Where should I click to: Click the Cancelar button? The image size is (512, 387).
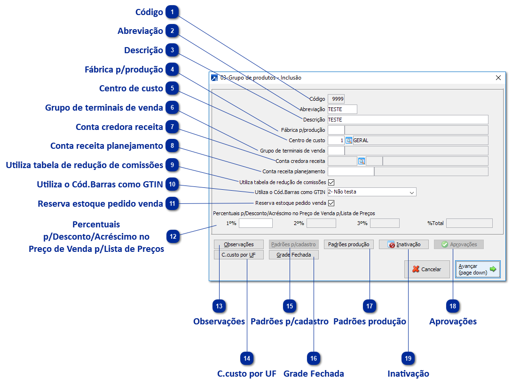coord(426,269)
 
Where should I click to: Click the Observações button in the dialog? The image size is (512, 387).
coord(238,244)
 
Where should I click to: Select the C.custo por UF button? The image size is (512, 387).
coord(238,255)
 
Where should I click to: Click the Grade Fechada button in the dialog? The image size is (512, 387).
coord(293,255)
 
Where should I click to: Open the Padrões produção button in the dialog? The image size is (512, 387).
coord(348,244)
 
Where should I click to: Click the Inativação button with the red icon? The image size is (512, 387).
coord(403,244)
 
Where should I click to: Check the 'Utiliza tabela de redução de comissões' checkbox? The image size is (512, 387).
coord(331,182)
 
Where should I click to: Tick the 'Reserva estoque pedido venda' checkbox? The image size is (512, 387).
coord(331,203)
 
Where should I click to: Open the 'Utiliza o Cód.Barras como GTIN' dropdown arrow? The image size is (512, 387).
coord(412,192)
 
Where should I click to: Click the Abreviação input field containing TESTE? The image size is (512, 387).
coord(342,109)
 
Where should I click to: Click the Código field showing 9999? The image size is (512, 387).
coord(336,99)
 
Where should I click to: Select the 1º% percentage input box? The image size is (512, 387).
coord(255,223)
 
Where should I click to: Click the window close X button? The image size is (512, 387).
coord(498,78)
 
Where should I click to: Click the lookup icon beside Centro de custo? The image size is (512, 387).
coord(349,140)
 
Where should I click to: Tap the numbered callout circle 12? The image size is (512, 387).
coord(173,236)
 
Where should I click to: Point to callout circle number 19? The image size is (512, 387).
coord(408,358)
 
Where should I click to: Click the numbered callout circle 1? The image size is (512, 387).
coord(173,12)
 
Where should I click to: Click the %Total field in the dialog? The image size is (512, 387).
coord(469,223)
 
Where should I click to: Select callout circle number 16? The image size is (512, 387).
coord(314,358)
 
